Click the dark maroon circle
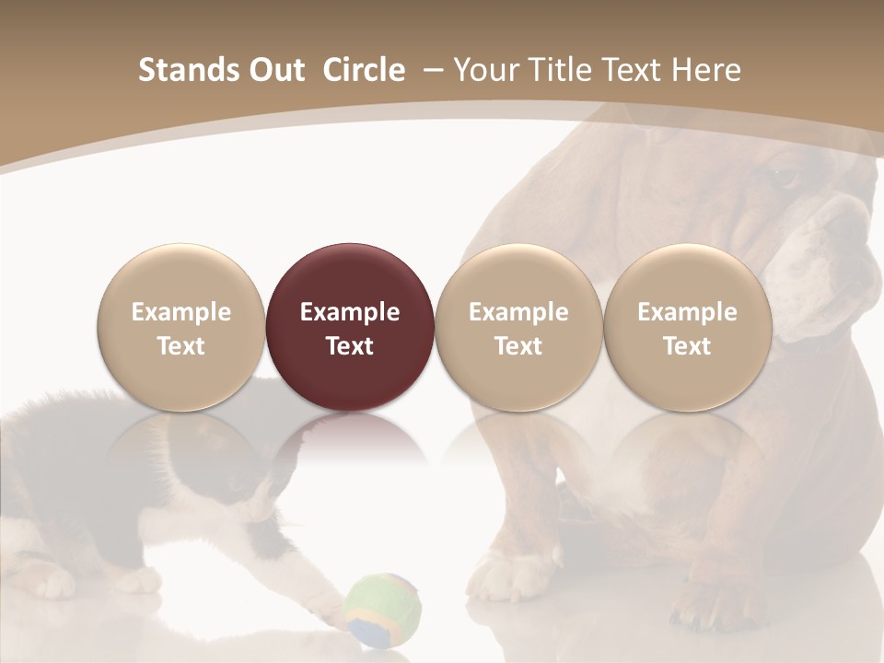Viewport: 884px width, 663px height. tap(350, 328)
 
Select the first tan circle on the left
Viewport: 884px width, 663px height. tap(181, 328)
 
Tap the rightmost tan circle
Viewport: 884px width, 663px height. tap(687, 328)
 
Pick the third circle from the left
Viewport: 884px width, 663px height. tap(518, 328)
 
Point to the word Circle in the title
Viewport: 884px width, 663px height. tap(364, 70)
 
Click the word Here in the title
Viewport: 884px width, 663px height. tap(707, 70)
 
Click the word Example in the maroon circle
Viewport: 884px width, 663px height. tap(350, 312)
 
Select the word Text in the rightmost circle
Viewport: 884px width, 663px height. tap(687, 346)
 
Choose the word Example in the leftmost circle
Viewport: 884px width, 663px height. tap(181, 312)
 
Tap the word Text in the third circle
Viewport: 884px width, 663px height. tap(518, 346)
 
